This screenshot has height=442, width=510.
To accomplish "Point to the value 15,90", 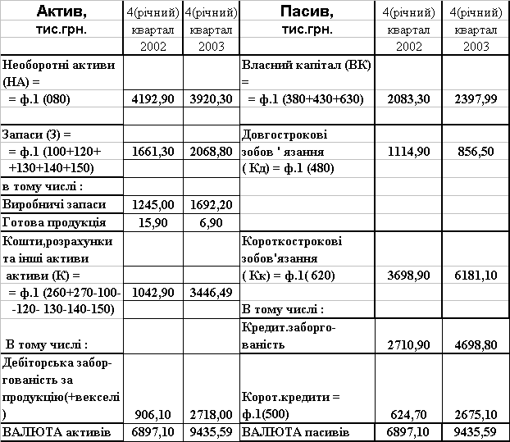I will [x=153, y=223].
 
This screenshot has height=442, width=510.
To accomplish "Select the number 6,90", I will [x=211, y=223].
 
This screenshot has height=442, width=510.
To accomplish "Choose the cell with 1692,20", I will [x=211, y=203].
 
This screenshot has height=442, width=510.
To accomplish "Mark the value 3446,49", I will [x=211, y=293].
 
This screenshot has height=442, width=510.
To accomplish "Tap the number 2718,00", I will [x=211, y=415].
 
